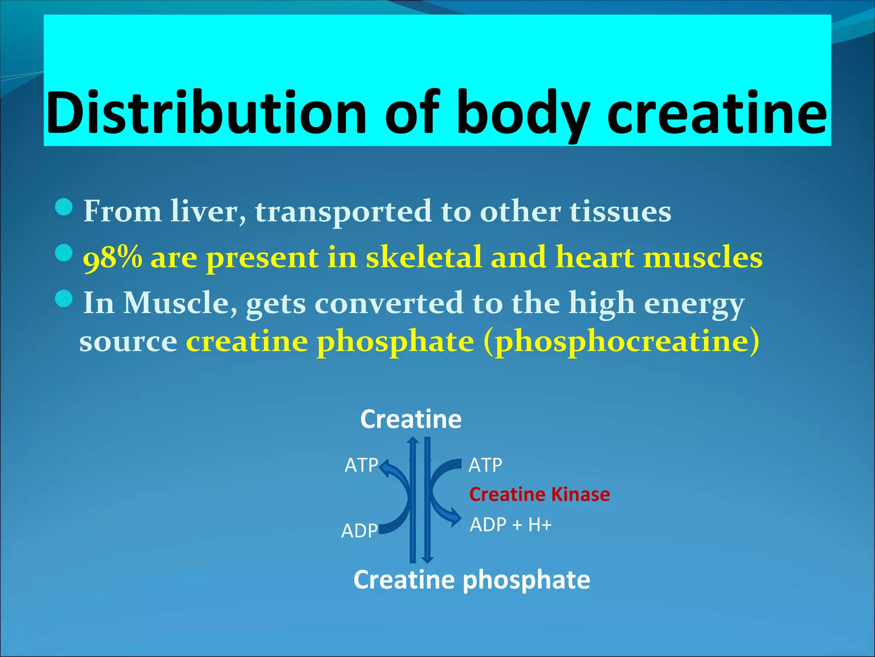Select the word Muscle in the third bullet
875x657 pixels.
pyautogui.click(x=180, y=303)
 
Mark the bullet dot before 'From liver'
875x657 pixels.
pyautogui.click(x=65, y=207)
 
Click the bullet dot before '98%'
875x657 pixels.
pyautogui.click(x=65, y=253)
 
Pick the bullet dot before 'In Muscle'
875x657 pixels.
pyautogui.click(x=65, y=299)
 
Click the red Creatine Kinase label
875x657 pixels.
pyautogui.click(x=539, y=494)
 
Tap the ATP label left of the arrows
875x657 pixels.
pyautogui.click(x=361, y=465)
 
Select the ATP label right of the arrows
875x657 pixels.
pyautogui.click(x=485, y=465)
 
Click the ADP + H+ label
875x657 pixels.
pyautogui.click(x=511, y=525)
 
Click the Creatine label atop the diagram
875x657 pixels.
pyautogui.click(x=411, y=419)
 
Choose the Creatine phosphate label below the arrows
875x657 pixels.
pyautogui.click(x=472, y=580)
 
